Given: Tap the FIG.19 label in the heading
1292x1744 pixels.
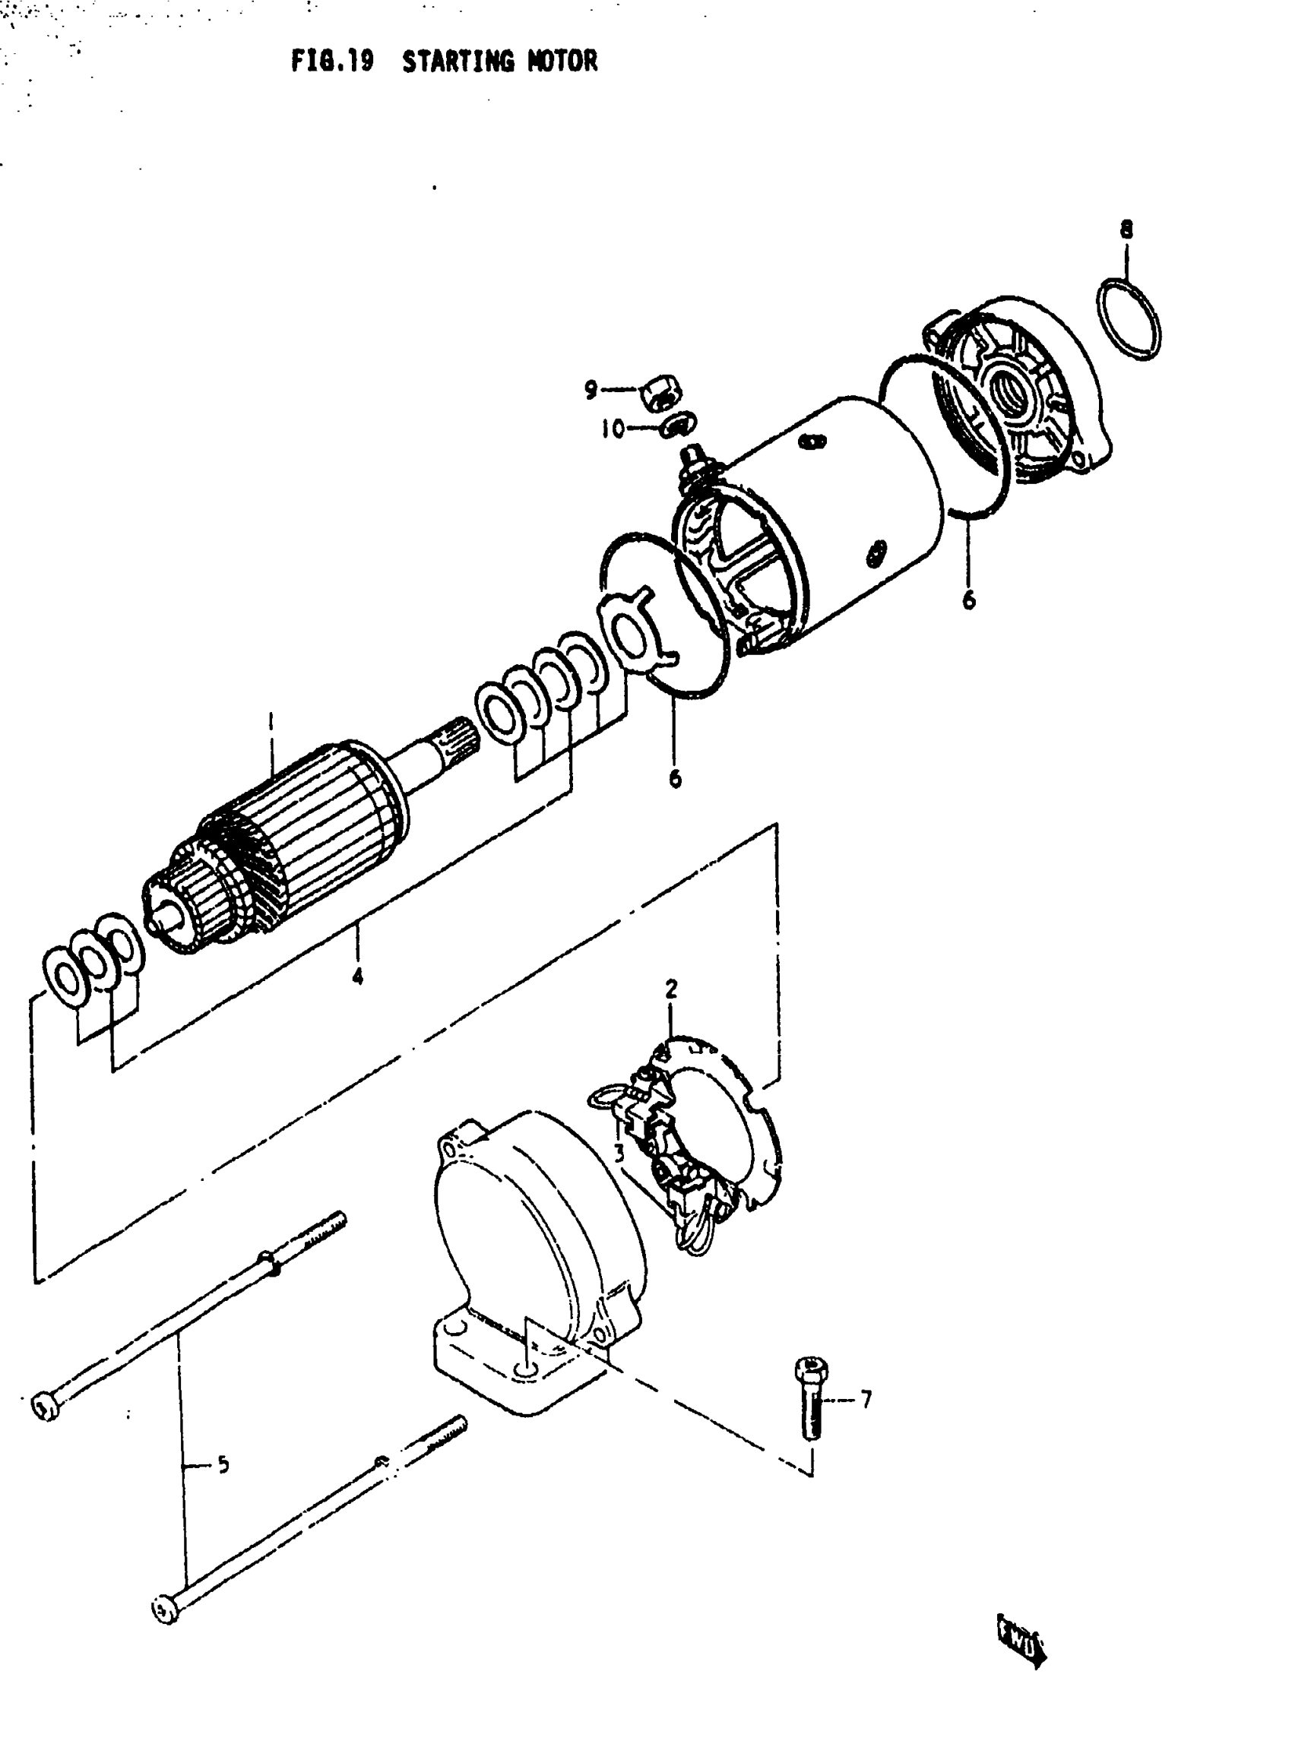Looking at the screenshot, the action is point(331,61).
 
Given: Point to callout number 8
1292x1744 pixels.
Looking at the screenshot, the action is point(1126,229).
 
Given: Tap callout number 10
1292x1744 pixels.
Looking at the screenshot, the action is point(613,429).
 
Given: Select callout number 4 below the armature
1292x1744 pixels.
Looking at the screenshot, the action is point(357,976).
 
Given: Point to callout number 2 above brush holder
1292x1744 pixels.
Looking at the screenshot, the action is point(671,989).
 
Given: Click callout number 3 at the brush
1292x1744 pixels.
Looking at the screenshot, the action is point(619,1153).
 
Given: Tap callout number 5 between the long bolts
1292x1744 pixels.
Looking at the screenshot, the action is point(223,1464).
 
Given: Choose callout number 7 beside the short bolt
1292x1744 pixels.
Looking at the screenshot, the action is point(866,1399).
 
